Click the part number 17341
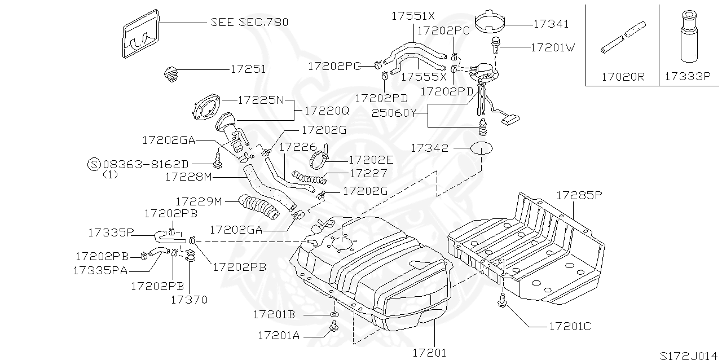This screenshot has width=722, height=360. pyautogui.click(x=551, y=24)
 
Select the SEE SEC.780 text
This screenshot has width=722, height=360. pyautogui.click(x=249, y=22)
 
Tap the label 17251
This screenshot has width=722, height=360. pyautogui.click(x=248, y=69)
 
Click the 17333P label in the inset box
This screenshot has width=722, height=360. pyautogui.click(x=686, y=76)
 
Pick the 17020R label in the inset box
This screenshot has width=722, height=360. pyautogui.click(x=622, y=76)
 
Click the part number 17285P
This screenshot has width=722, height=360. pyautogui.click(x=580, y=196)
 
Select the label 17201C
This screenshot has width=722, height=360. pyautogui.click(x=569, y=326)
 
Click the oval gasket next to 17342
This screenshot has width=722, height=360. pyautogui.click(x=481, y=148)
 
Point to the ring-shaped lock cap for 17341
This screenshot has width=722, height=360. pyautogui.click(x=490, y=20)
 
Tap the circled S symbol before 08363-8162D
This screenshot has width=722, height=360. pyautogui.click(x=94, y=164)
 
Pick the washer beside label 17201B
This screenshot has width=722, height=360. pyautogui.click(x=334, y=314)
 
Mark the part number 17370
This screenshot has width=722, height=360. pyautogui.click(x=189, y=299)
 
